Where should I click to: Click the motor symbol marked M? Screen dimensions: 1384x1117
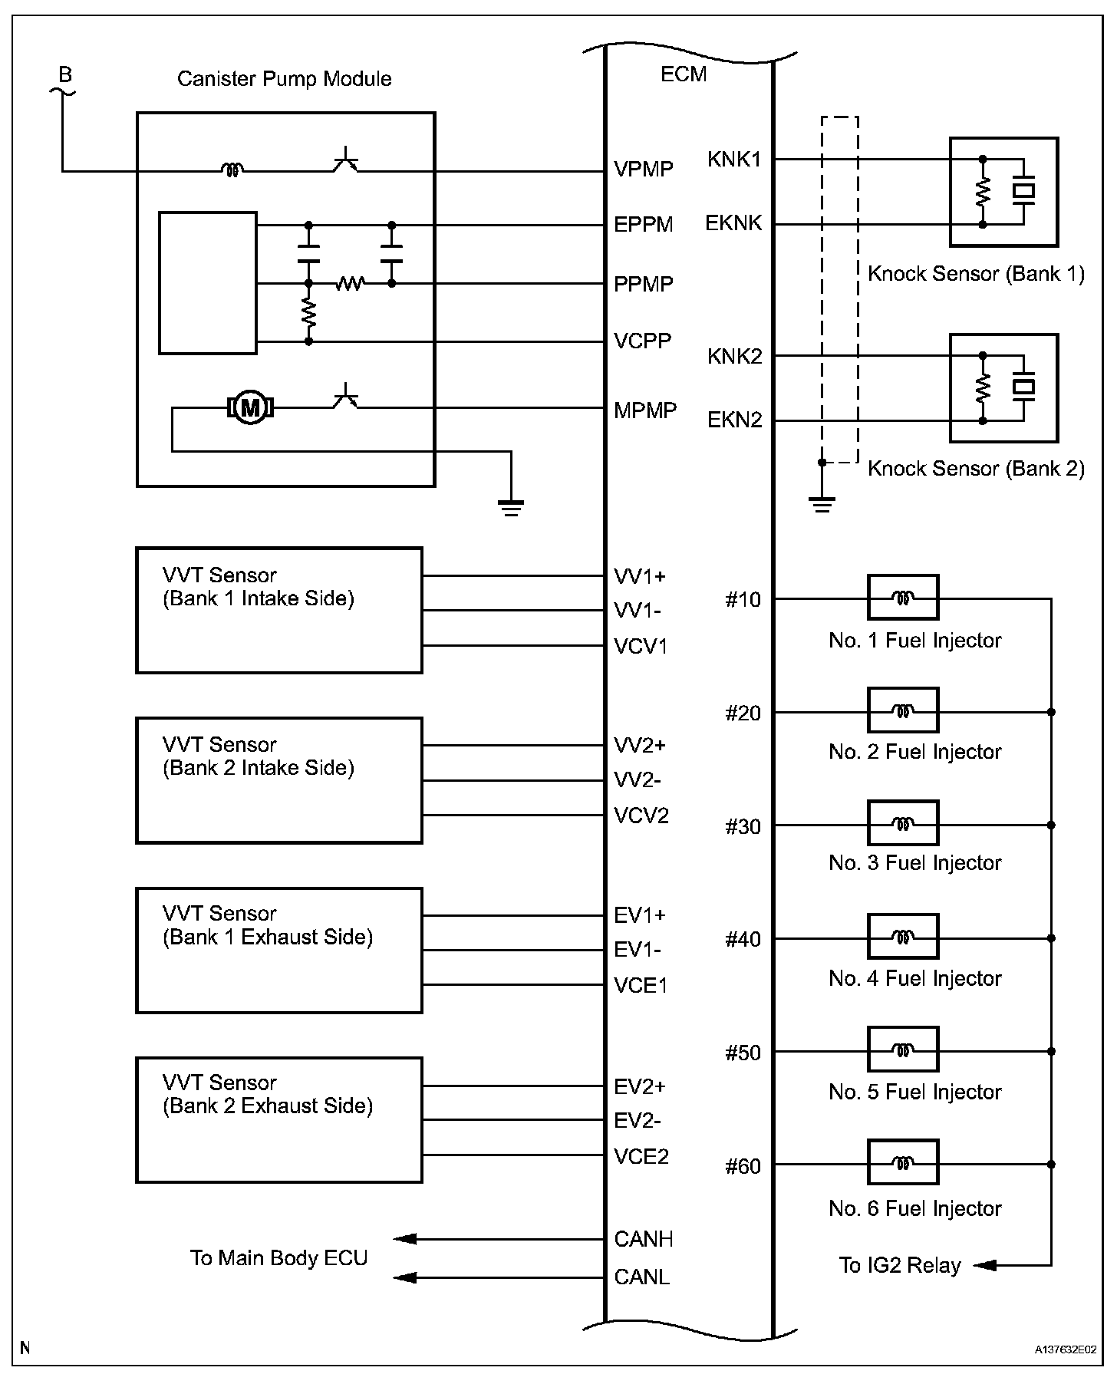coord(250,407)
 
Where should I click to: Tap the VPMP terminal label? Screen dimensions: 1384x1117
coord(643,170)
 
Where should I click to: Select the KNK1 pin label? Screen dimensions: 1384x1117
coord(734,160)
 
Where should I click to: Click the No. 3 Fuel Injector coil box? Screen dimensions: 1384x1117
coord(902,824)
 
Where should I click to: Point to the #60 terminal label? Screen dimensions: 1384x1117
coord(743,1166)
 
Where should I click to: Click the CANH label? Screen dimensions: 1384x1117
coord(643,1238)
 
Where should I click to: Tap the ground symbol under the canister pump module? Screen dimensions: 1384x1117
coord(511,507)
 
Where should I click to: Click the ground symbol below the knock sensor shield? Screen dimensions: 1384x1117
coord(822,504)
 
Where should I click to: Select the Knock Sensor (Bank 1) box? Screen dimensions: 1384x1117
coord(1003,192)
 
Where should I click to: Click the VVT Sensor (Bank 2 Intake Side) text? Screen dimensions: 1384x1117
coord(258,756)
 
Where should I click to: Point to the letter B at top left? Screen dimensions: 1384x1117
coord(66,74)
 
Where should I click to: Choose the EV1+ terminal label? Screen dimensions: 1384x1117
coord(640,915)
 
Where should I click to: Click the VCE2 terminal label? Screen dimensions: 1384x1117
coord(641,1156)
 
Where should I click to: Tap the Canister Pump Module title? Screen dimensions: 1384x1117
coord(284,79)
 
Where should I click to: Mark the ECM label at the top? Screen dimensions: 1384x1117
coord(683,74)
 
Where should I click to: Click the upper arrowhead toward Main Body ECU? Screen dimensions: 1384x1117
coord(404,1238)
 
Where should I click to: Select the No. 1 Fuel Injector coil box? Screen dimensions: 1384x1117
coord(902,597)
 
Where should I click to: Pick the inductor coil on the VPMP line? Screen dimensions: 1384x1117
coord(231,170)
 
